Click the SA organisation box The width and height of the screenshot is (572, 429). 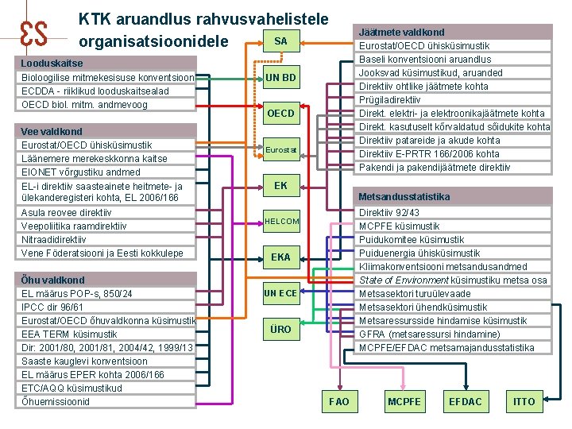coord(280,41)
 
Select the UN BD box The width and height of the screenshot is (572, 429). coord(280,77)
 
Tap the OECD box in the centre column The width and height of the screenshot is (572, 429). coord(280,114)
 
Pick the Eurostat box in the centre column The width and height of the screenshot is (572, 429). coord(280,149)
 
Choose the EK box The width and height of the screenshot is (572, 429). coord(280,186)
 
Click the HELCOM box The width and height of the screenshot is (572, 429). coord(281,222)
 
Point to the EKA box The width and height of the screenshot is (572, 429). coord(280,257)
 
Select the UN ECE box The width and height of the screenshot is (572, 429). coord(280,293)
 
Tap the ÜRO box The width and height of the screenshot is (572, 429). coord(280,329)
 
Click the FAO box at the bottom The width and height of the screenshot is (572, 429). coord(338,401)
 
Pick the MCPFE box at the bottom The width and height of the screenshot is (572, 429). coord(404,401)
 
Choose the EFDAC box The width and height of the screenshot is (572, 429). coord(465,401)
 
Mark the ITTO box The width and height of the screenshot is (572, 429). coord(524,401)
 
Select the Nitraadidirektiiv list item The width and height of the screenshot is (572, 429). coord(55,239)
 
